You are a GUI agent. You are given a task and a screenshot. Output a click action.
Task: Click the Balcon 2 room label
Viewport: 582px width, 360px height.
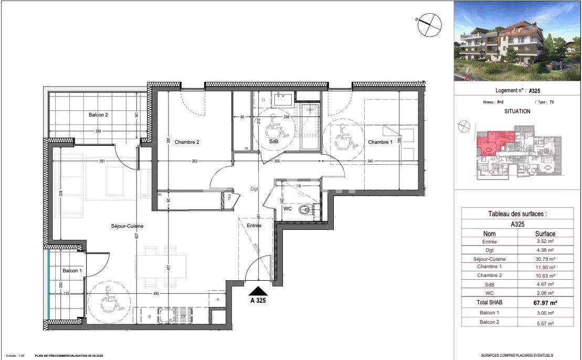point(98,114)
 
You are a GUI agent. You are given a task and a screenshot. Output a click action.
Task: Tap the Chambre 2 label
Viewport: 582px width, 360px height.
point(187,142)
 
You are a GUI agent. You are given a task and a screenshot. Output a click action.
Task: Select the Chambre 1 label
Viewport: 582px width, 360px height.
point(379,142)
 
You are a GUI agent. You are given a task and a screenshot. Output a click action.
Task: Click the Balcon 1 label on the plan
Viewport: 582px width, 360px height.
point(72,270)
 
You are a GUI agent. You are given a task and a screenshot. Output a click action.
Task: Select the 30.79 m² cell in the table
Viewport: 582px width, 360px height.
point(545,259)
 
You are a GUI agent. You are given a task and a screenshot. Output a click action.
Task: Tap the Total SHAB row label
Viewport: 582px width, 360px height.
point(489,303)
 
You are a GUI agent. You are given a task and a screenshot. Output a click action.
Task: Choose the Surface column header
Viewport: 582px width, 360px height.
point(545,234)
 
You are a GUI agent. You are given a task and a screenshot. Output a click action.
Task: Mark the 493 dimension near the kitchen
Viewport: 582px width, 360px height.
point(155,294)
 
